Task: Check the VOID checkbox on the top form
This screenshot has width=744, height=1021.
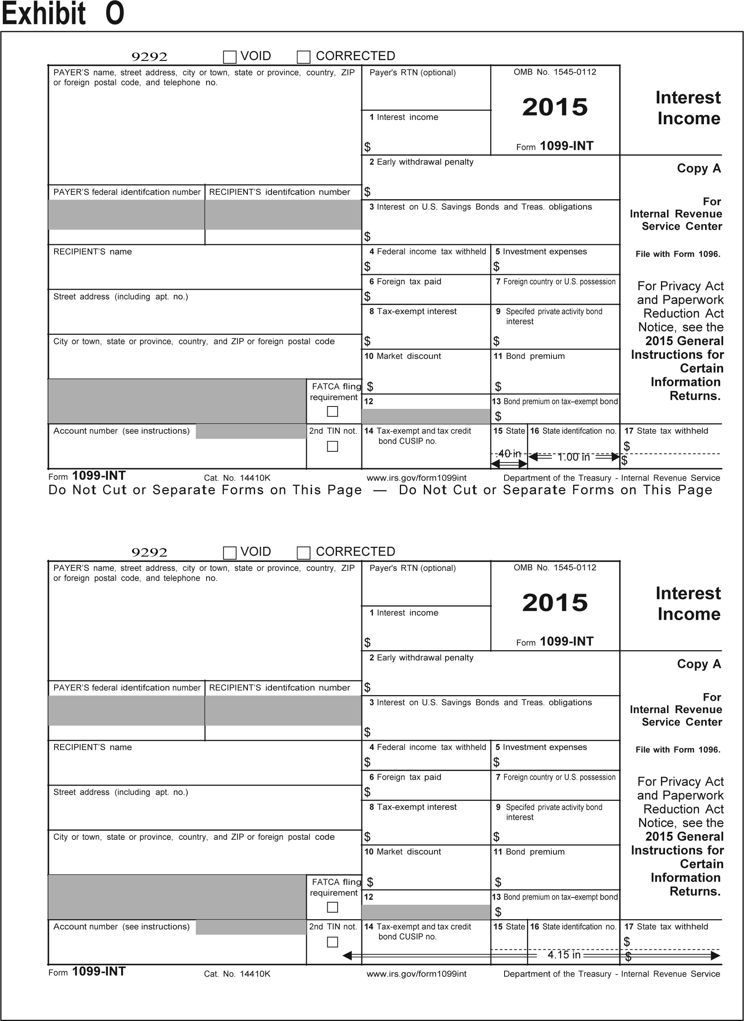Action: (230, 57)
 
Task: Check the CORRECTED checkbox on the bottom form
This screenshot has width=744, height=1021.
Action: (304, 552)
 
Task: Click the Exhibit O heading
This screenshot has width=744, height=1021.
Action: (63, 14)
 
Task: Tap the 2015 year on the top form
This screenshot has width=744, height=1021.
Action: (555, 107)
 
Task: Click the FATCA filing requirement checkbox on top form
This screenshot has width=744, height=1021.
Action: (332, 411)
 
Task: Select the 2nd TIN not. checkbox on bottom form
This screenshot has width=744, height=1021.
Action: (332, 942)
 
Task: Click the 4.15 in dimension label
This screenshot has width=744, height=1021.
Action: (564, 954)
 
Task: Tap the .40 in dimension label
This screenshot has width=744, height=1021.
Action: (509, 454)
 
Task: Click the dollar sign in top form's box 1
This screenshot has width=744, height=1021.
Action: (367, 147)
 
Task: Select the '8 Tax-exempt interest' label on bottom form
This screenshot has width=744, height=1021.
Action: (413, 807)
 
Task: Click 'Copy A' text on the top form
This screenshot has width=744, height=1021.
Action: (699, 168)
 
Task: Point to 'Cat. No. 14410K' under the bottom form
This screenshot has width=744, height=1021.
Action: (237, 974)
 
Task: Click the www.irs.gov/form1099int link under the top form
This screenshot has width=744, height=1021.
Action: (416, 478)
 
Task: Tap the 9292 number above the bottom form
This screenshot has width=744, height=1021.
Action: (149, 552)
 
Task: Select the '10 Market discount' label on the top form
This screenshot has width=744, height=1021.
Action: (403, 356)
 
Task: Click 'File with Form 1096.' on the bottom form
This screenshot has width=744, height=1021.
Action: (678, 750)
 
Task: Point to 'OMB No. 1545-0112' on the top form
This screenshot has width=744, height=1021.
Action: (555, 72)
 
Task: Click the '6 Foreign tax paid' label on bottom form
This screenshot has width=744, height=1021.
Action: (405, 777)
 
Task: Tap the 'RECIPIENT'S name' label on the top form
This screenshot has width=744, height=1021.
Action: (92, 252)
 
